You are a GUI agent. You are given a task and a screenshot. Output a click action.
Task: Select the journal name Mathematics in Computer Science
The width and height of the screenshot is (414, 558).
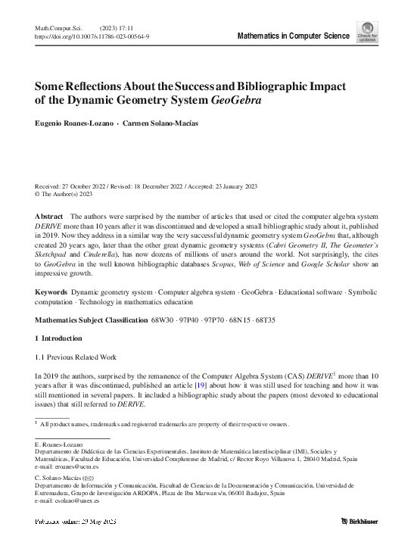tap(293, 36)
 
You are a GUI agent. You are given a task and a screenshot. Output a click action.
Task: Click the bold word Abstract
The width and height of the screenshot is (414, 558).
tap(48, 217)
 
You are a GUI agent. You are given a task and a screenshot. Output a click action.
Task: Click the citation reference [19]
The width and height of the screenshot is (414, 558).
tap(201, 385)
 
